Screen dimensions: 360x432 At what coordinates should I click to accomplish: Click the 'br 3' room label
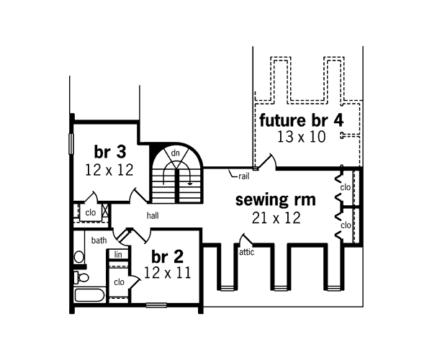coord(110,152)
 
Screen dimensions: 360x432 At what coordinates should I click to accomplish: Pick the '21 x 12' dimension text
coord(276,217)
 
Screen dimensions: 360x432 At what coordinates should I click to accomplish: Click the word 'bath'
coord(99,240)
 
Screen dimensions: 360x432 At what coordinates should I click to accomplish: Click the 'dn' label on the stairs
coord(175,153)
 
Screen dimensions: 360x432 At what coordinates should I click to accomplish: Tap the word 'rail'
coord(243,175)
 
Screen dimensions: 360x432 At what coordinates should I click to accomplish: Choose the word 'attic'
coord(247,252)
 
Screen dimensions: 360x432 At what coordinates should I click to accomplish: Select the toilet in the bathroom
coord(81,276)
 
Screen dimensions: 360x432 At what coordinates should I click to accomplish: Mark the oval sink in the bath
coord(78,256)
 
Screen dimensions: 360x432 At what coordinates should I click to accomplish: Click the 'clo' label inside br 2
coord(119,282)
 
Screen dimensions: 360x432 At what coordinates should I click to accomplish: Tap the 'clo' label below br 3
coord(91,212)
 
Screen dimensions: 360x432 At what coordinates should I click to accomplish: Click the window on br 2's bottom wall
coord(156,306)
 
